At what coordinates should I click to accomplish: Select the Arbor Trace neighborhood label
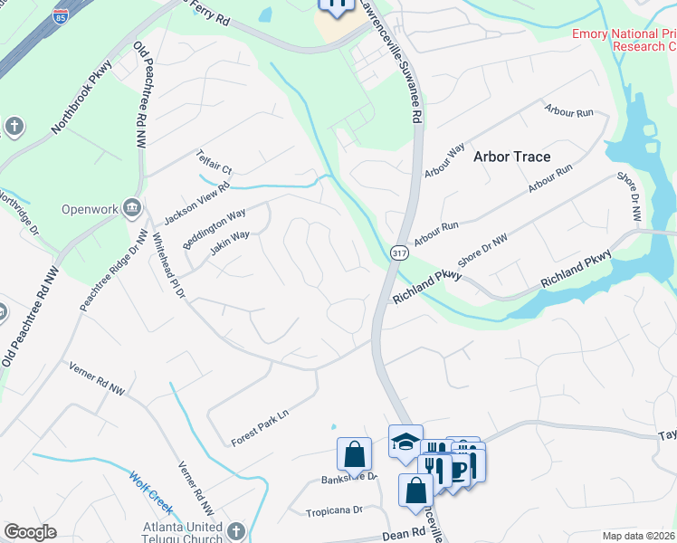(x=511, y=157)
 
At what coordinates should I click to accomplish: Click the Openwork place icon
(x=132, y=209)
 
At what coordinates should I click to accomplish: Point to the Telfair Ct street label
(x=215, y=163)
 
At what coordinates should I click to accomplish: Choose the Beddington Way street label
(x=214, y=228)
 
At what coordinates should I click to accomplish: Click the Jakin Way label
(x=229, y=243)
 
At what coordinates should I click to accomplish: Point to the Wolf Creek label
(x=150, y=489)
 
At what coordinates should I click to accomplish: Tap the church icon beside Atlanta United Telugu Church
(x=236, y=531)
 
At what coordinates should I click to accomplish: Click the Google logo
(x=30, y=532)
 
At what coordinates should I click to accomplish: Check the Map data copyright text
(x=638, y=536)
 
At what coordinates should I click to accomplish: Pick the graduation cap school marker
(x=405, y=442)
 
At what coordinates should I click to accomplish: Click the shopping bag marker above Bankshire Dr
(x=354, y=454)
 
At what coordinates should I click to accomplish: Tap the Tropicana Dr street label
(x=334, y=510)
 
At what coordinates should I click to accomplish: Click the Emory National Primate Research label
(x=624, y=40)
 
